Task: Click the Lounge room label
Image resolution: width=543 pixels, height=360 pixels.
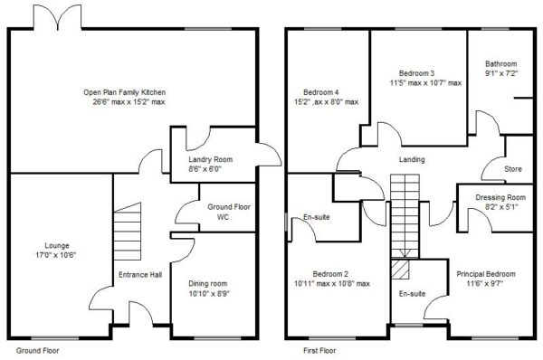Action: [x=57, y=246]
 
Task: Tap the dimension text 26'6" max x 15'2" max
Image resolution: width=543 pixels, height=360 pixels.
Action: [x=129, y=102]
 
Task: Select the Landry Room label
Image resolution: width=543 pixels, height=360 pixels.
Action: [x=211, y=159]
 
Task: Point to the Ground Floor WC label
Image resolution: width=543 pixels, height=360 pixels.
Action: [x=229, y=212]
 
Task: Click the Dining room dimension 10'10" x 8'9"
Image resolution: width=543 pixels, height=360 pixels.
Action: [x=209, y=294]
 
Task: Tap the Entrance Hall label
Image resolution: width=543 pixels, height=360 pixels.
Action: [x=140, y=275]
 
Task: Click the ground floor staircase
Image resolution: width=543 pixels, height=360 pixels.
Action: [x=128, y=232]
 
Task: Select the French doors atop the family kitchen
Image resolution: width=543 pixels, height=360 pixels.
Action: [x=58, y=17]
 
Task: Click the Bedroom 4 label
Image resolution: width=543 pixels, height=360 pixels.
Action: [x=321, y=92]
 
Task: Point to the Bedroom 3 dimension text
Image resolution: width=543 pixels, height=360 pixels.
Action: [x=425, y=83]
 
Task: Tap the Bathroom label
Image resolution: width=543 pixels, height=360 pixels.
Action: [x=501, y=64]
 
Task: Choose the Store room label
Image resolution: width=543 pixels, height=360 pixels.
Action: [x=513, y=169]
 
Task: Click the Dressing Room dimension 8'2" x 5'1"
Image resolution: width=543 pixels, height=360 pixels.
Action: [x=500, y=207]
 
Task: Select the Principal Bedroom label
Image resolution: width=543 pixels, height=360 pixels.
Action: [x=486, y=274]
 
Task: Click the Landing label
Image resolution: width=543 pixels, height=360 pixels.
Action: [x=412, y=159]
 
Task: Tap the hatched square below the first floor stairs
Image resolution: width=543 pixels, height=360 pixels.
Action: [x=400, y=269]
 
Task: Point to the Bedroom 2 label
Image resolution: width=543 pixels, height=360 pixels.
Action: [x=330, y=274]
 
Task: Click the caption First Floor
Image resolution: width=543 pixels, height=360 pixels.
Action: [x=319, y=351]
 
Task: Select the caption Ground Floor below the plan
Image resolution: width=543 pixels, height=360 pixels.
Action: [x=38, y=351]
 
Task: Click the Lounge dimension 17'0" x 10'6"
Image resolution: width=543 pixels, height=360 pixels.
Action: [x=57, y=255]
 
